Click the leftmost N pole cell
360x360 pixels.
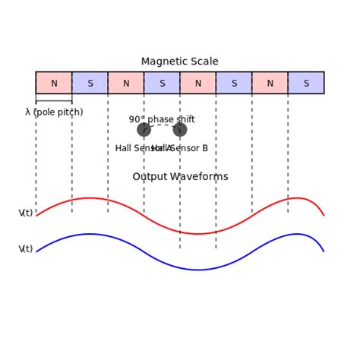[54, 83]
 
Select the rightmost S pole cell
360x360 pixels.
[306, 83]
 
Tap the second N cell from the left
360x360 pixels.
[126, 83]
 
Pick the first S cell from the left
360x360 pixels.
[90, 83]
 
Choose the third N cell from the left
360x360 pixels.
[197, 83]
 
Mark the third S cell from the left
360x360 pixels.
[234, 83]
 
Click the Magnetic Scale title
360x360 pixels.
[180, 62]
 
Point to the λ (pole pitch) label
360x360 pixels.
[54, 112]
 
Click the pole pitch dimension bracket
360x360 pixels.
[54, 101]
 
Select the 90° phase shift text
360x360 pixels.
[162, 119]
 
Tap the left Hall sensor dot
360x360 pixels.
[144, 130]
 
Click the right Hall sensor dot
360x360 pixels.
[180, 130]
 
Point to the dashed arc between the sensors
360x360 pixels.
[162, 125]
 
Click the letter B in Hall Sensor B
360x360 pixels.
[204, 148]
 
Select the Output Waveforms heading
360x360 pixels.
[180, 177]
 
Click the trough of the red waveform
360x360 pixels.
[198, 233]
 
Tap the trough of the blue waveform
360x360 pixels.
[198, 270]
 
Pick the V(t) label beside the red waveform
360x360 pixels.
[26, 213]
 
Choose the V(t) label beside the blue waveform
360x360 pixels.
[26, 249]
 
